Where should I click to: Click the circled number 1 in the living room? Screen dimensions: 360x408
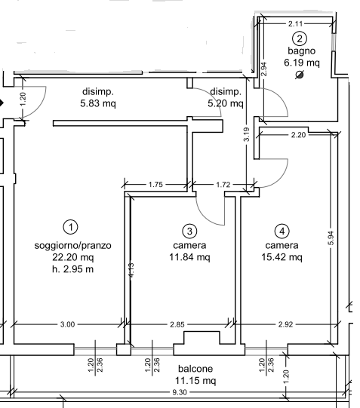pyautogui.click(x=71, y=227)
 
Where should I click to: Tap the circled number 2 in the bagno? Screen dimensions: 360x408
pyautogui.click(x=300, y=38)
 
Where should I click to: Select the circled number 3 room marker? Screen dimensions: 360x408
pyautogui.click(x=189, y=231)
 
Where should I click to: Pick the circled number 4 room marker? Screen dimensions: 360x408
pyautogui.click(x=282, y=231)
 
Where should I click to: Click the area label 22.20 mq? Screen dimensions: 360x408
pyautogui.click(x=73, y=257)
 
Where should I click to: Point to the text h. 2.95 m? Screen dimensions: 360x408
pyautogui.click(x=73, y=269)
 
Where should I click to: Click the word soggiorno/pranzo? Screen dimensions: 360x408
pyautogui.click(x=73, y=245)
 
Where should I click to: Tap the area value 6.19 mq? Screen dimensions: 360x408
pyautogui.click(x=302, y=63)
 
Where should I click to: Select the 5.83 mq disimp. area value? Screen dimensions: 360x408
pyautogui.click(x=98, y=103)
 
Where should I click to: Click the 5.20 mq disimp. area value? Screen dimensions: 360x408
pyautogui.click(x=226, y=103)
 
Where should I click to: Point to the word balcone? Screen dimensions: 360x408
pyautogui.click(x=195, y=369)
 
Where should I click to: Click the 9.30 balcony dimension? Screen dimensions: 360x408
pyautogui.click(x=180, y=392)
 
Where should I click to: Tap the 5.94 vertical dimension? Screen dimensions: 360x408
pyautogui.click(x=331, y=238)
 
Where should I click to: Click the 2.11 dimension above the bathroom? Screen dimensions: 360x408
pyautogui.click(x=296, y=23)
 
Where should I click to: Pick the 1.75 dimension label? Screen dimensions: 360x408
pyautogui.click(x=155, y=185)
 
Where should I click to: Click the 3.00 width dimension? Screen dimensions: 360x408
pyautogui.click(x=67, y=324)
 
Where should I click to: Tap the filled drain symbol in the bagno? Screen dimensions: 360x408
pyautogui.click(x=300, y=75)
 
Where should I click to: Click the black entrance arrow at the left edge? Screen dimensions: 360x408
pyautogui.click(x=2, y=103)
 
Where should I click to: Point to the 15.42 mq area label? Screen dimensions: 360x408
pyautogui.click(x=282, y=257)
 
